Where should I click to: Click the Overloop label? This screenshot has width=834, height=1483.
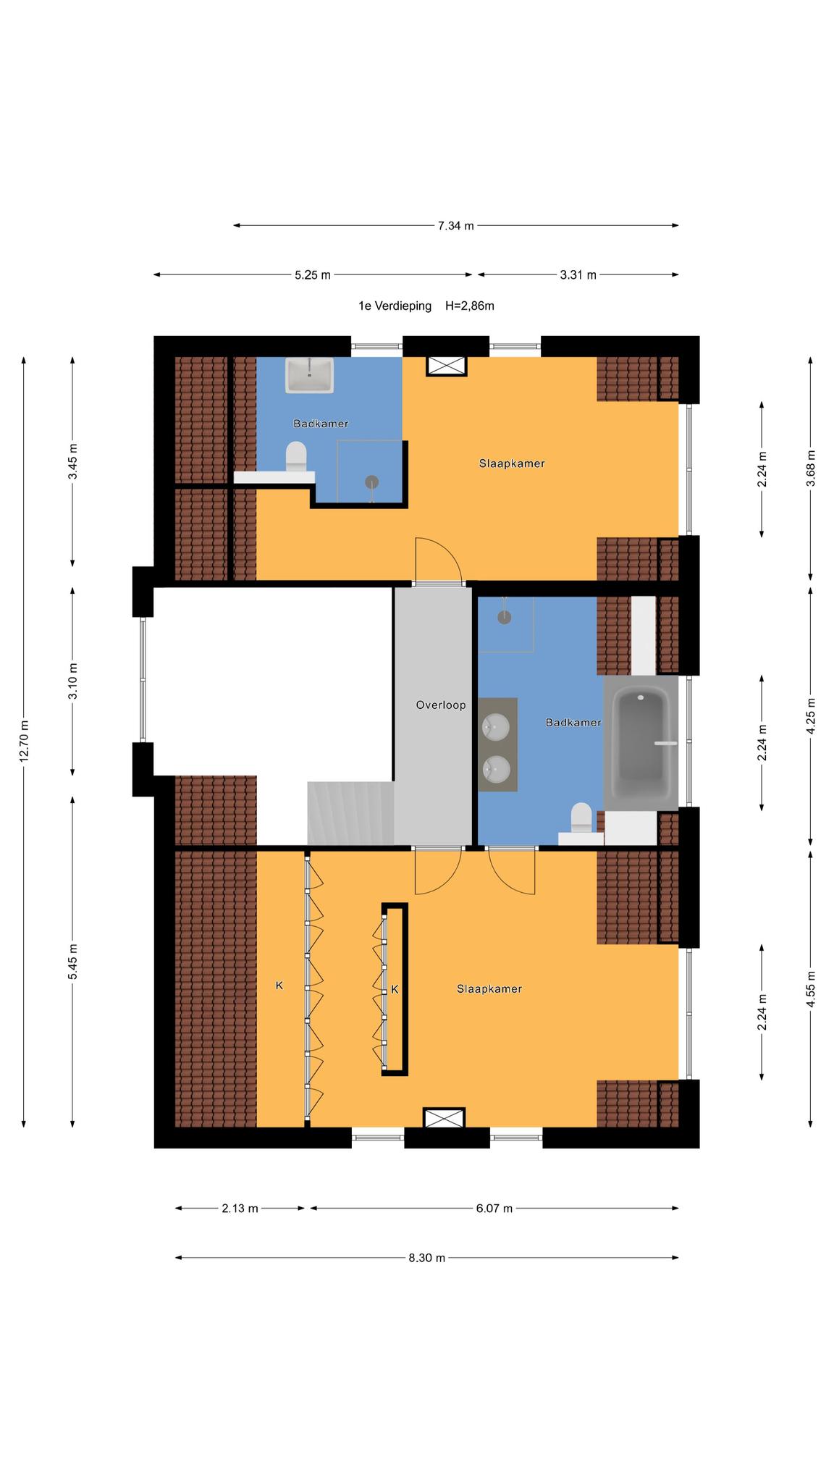[440, 705]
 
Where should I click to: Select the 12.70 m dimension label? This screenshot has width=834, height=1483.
[25, 741]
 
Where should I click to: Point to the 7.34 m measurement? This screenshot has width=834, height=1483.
[455, 225]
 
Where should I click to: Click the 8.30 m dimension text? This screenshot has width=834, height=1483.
[426, 1257]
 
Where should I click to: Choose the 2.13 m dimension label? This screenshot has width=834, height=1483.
[240, 1208]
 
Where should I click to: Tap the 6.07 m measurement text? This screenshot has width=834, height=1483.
[494, 1208]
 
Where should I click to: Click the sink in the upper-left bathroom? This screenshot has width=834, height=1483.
[310, 374]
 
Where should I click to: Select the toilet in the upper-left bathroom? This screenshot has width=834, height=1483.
[296, 457]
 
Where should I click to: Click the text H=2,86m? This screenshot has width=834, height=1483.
[470, 306]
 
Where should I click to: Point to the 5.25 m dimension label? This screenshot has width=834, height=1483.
[313, 274]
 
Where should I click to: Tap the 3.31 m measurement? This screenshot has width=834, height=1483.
[578, 274]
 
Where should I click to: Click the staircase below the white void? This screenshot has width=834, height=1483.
[350, 812]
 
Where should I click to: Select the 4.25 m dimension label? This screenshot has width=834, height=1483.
[810, 716]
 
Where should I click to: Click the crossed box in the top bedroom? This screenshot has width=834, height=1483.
[447, 366]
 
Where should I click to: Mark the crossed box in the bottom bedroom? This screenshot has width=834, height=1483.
[444, 1117]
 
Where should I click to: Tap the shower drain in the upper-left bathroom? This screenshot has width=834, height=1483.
[372, 481]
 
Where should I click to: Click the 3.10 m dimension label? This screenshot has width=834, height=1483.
[72, 681]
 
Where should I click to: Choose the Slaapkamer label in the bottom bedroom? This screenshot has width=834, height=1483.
[489, 988]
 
